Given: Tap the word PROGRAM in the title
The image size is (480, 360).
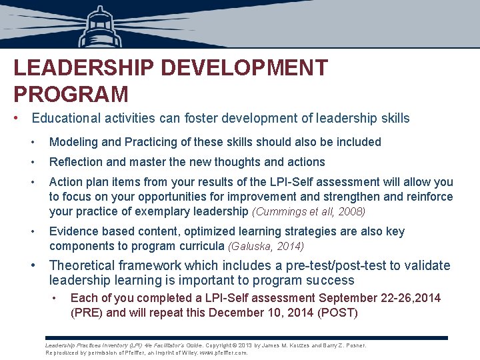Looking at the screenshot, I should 71,94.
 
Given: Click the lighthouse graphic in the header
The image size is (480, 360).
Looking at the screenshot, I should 99,27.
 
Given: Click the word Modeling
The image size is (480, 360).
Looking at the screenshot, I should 73,142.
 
